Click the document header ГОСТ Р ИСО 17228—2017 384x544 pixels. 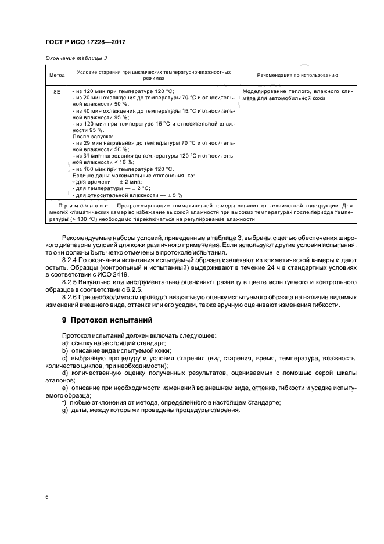coord(86,43)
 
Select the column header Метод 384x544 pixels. coord(56,75)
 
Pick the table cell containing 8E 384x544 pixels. coord(56,92)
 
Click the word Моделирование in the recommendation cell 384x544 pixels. coord(263,92)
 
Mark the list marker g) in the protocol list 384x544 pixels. coord(65,410)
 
